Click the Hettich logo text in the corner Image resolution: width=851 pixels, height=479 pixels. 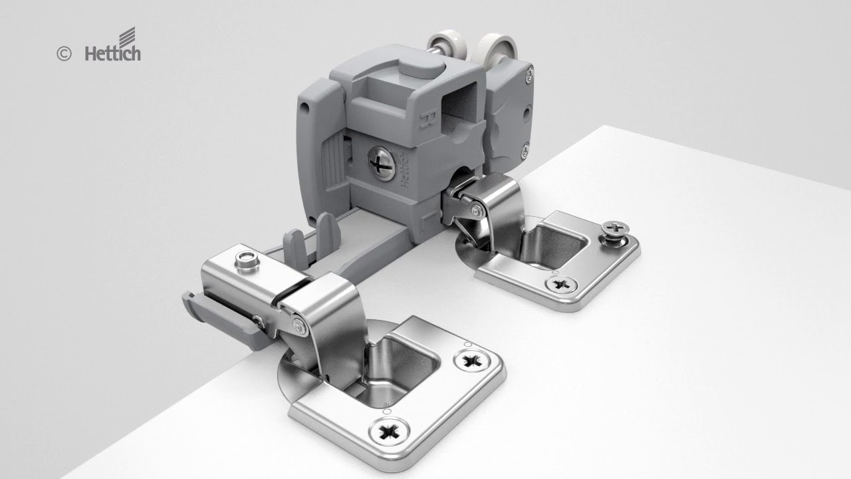(113, 53)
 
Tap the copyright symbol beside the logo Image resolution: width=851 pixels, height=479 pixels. (64, 54)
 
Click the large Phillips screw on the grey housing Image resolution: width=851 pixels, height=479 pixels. (382, 163)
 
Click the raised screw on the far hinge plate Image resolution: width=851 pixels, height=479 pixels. (615, 233)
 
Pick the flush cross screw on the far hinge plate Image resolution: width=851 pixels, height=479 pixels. (561, 284)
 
